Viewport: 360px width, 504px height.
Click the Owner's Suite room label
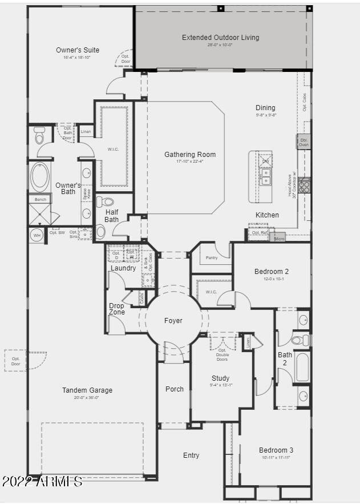coord(78,50)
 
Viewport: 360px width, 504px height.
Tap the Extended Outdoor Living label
coord(220,38)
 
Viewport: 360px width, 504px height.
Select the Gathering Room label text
coord(190,155)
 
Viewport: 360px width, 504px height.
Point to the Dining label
coord(265,108)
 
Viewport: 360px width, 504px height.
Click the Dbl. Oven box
coord(304,142)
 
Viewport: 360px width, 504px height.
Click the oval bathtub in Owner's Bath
coord(40,177)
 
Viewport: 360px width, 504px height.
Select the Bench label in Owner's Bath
coord(40,199)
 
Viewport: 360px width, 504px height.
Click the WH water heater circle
coord(37,235)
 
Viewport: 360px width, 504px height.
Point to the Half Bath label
coord(112,216)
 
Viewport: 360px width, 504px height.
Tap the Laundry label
coord(123,268)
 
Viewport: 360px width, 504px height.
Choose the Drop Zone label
coord(116,309)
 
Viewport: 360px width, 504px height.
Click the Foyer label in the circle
coord(173,321)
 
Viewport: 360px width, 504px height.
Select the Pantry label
coord(212,258)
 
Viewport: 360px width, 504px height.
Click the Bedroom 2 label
coord(271,272)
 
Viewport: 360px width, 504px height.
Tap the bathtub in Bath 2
coord(302,368)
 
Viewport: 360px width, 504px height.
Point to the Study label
coord(220,378)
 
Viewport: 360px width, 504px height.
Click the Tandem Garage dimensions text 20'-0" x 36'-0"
coord(87,398)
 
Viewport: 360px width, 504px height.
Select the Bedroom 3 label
coord(276,450)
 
